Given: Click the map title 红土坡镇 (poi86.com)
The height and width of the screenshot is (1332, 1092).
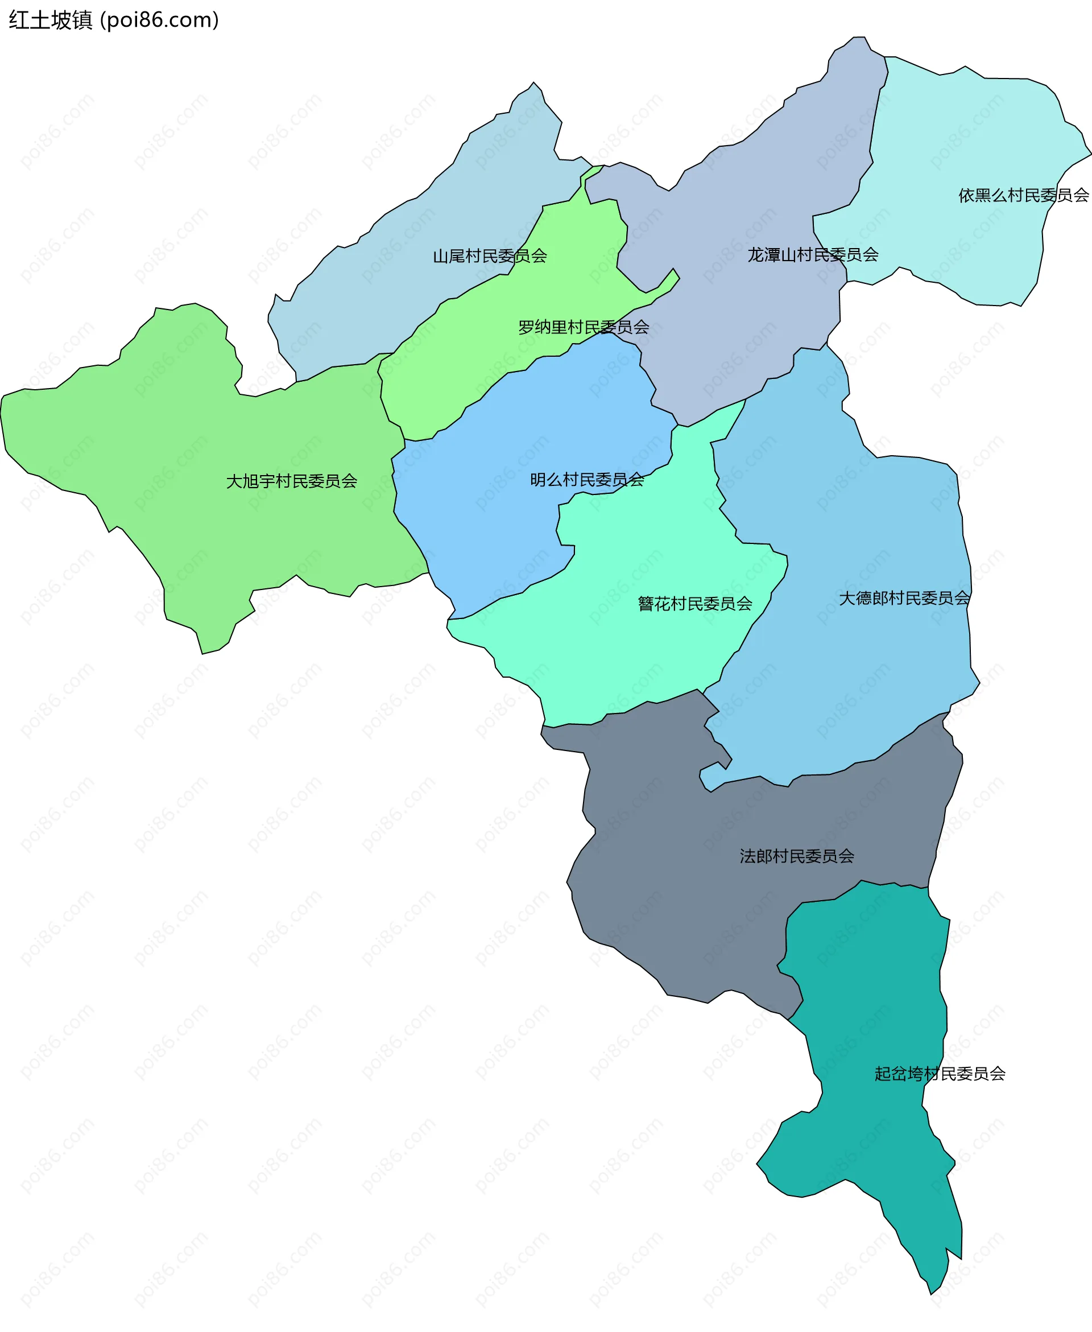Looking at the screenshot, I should click(x=114, y=20).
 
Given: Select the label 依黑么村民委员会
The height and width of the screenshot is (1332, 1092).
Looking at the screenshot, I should click(x=1023, y=196).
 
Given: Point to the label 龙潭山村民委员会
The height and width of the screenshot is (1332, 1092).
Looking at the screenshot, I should click(x=813, y=255).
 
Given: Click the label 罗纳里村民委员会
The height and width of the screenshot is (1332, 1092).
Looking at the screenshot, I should click(x=583, y=327).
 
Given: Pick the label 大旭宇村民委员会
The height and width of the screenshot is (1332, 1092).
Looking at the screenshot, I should click(x=291, y=481).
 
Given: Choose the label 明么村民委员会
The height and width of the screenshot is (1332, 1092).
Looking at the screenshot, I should click(x=587, y=480).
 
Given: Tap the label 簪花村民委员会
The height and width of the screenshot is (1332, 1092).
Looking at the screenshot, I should click(x=694, y=604).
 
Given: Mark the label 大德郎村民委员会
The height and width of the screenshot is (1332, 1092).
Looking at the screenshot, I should click(x=904, y=599).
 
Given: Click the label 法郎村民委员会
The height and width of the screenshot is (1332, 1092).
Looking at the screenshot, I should click(x=796, y=856).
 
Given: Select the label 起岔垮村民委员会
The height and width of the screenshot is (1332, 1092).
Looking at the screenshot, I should click(x=939, y=1074).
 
